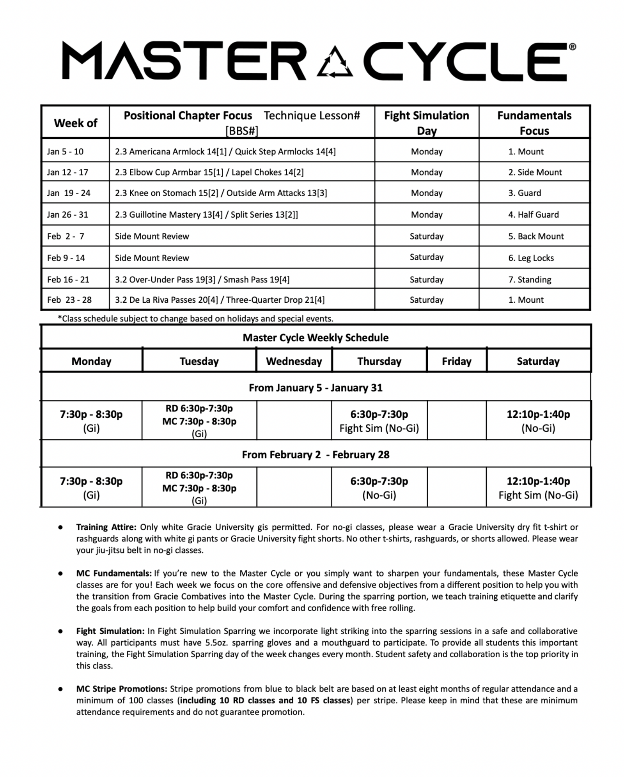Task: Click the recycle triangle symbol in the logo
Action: [x=335, y=61]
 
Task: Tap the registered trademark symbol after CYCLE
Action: [x=572, y=47]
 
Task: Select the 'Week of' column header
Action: [x=75, y=123]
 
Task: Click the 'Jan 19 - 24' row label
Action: [x=69, y=193]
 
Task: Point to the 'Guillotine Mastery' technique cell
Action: [x=206, y=214]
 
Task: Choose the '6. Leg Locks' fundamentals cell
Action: [x=531, y=258]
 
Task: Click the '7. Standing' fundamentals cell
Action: [x=530, y=279]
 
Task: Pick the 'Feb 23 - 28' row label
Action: [x=69, y=300]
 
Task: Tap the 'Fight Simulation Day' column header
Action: [x=426, y=122]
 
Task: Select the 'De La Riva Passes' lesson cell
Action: [x=220, y=300]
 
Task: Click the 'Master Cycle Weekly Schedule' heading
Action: [x=316, y=337]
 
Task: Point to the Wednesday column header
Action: [x=294, y=361]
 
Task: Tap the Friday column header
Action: [x=456, y=361]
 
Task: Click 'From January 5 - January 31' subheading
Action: [x=316, y=387]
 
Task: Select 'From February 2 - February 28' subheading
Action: [x=316, y=454]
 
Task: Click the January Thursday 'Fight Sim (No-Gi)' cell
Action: [x=379, y=421]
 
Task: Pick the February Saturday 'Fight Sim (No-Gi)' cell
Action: [x=538, y=488]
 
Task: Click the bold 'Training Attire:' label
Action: [x=106, y=527]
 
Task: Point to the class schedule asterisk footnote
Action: [x=195, y=318]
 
